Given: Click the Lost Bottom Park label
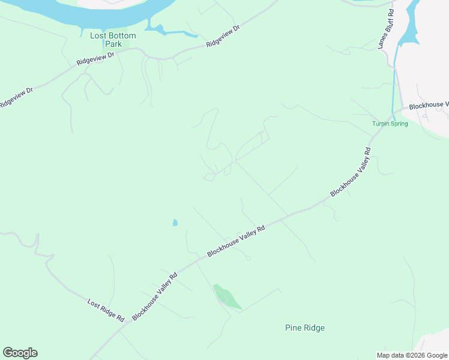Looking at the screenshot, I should coord(113,40).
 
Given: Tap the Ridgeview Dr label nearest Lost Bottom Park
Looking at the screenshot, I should coord(95,59).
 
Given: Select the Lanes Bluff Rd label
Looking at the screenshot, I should coord(386,29).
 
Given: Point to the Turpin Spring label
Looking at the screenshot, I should coord(390,124).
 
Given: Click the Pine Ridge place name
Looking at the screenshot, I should coord(304,328).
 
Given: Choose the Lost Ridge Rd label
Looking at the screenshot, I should coord(105,310).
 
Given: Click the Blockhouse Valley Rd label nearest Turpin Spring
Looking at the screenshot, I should coord(351,172).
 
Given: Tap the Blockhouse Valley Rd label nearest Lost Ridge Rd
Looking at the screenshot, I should coord(155,296).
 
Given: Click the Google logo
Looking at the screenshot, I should coord(20,353).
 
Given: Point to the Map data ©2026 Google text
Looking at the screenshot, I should coord(411,355).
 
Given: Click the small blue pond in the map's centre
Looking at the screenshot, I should coord(175,223).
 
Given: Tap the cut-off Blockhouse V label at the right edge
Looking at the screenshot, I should coord(429,106).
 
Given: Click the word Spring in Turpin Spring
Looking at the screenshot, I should coord(398,124).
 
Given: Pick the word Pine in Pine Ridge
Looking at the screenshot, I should coord(292,328).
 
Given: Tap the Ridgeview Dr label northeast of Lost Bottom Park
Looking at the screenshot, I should coord(223,37).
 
